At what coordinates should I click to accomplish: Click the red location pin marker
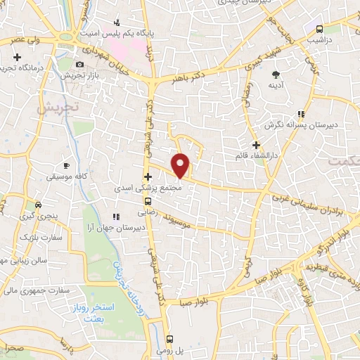(x=181, y=165)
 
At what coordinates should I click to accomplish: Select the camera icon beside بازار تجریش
(x=79, y=64)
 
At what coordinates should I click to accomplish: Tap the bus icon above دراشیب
(x=320, y=29)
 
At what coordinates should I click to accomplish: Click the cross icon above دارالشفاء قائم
(x=257, y=145)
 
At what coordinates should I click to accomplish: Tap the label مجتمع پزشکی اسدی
(x=152, y=188)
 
